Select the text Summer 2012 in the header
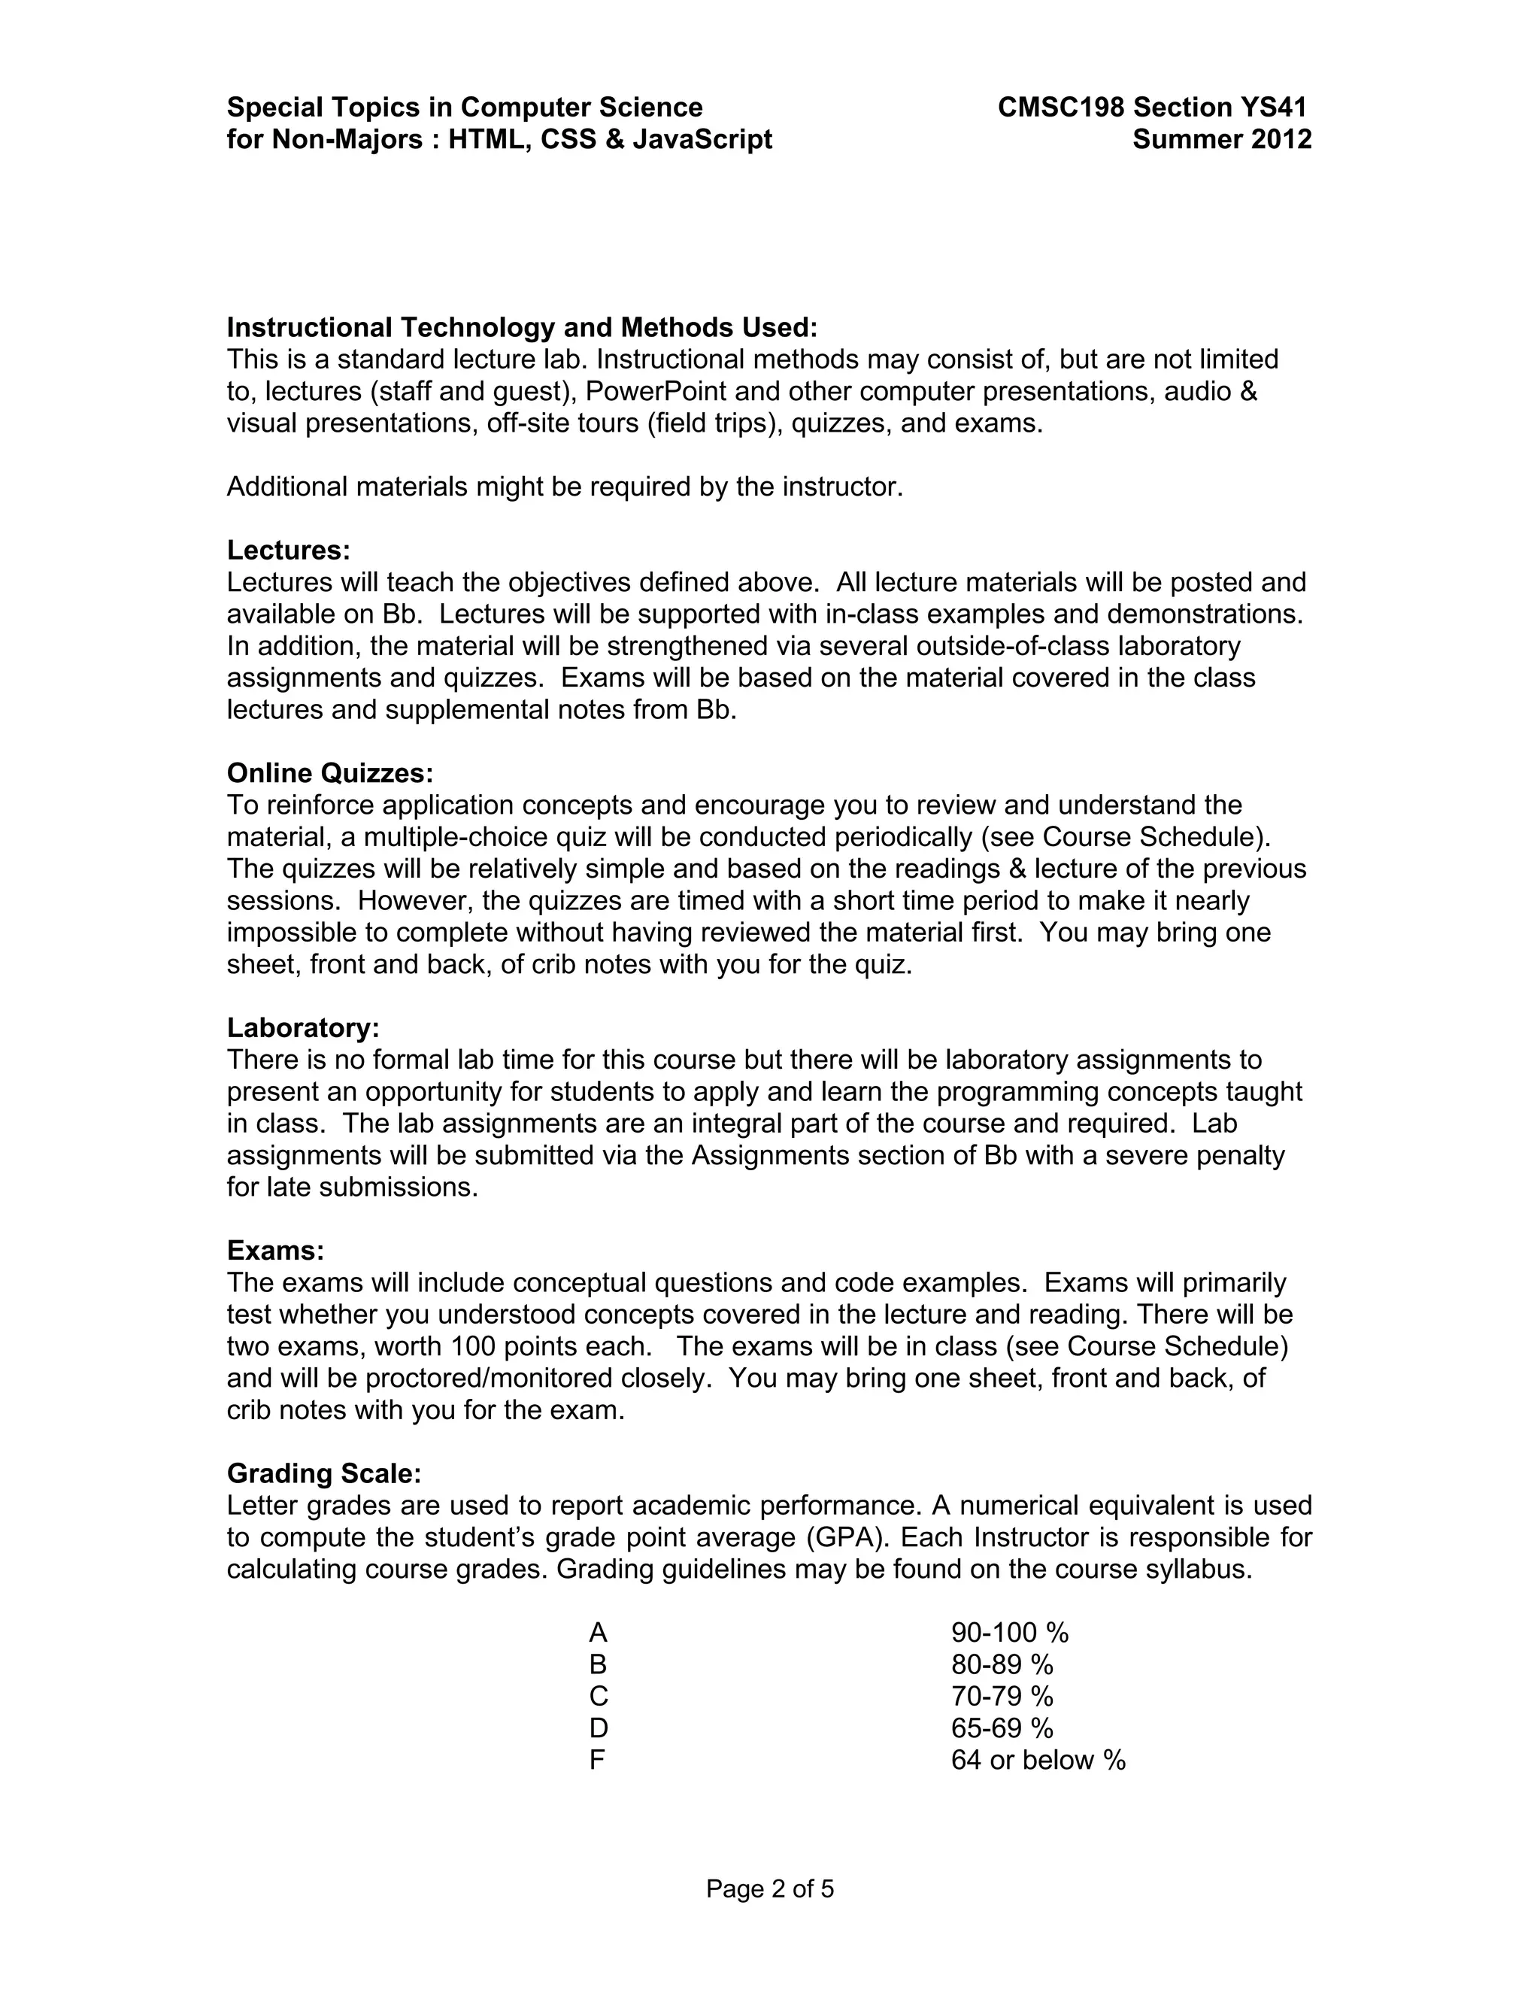coord(1222,140)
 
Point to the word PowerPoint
coord(655,392)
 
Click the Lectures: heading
coord(288,551)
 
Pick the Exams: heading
coord(275,1250)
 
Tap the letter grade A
coord(598,1633)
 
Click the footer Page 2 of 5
coord(770,1889)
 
